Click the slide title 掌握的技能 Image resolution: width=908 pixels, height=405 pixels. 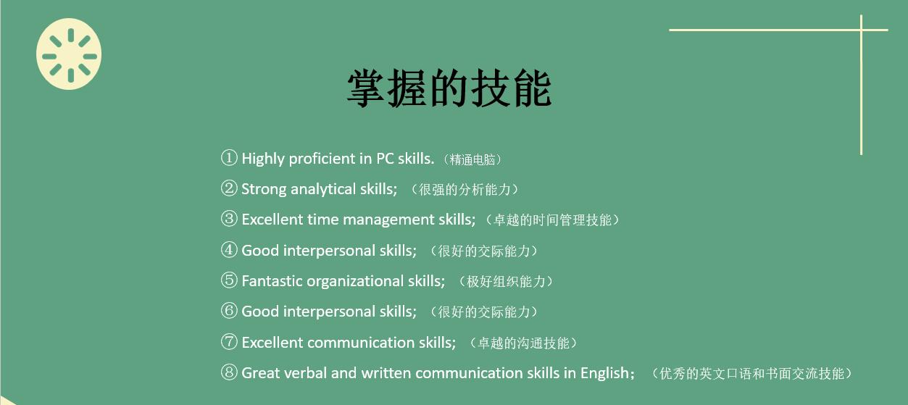coord(449,88)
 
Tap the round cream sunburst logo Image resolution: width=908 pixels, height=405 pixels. coord(69,54)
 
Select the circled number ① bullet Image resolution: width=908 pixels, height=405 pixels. coord(229,158)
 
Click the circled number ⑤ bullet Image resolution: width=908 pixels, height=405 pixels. coord(229,280)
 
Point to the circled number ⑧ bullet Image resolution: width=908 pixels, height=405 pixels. coord(229,373)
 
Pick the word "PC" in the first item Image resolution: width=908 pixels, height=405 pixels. coord(385,159)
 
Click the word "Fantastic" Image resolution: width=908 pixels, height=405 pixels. coord(272,281)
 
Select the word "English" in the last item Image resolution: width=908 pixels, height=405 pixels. coord(605,373)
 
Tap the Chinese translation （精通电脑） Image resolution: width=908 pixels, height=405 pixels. coord(475,159)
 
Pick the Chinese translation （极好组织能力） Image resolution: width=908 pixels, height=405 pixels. coord(510,282)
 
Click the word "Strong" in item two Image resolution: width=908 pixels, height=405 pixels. coord(264,189)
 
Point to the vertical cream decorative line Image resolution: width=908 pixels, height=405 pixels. coord(861,87)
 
